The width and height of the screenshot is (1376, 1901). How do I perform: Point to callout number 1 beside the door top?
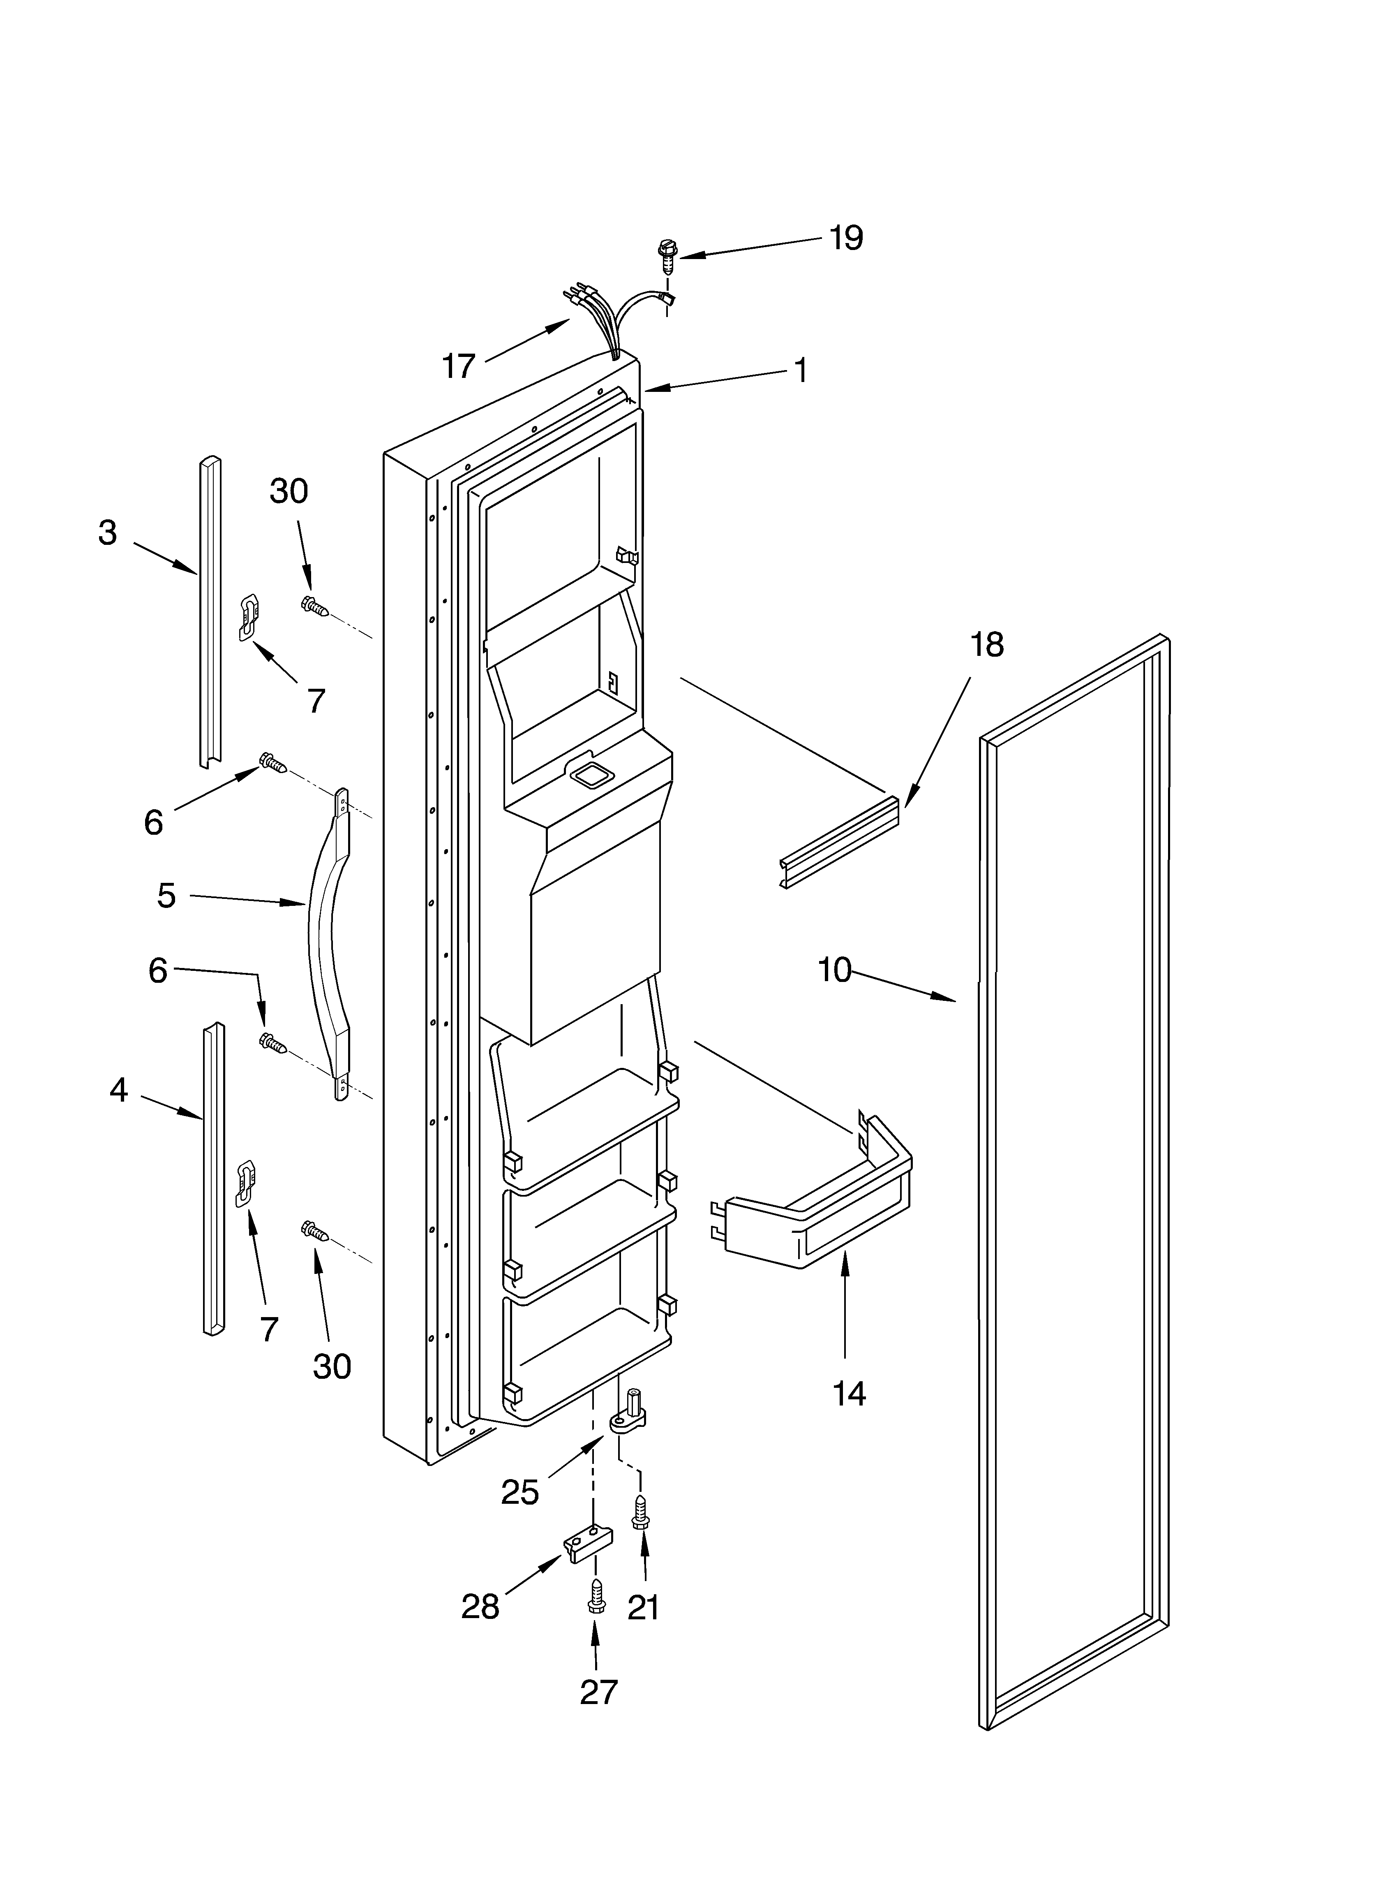click(x=801, y=370)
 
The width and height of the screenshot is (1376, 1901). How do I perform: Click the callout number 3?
click(x=107, y=533)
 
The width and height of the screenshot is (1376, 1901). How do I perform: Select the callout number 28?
click(x=480, y=1607)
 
